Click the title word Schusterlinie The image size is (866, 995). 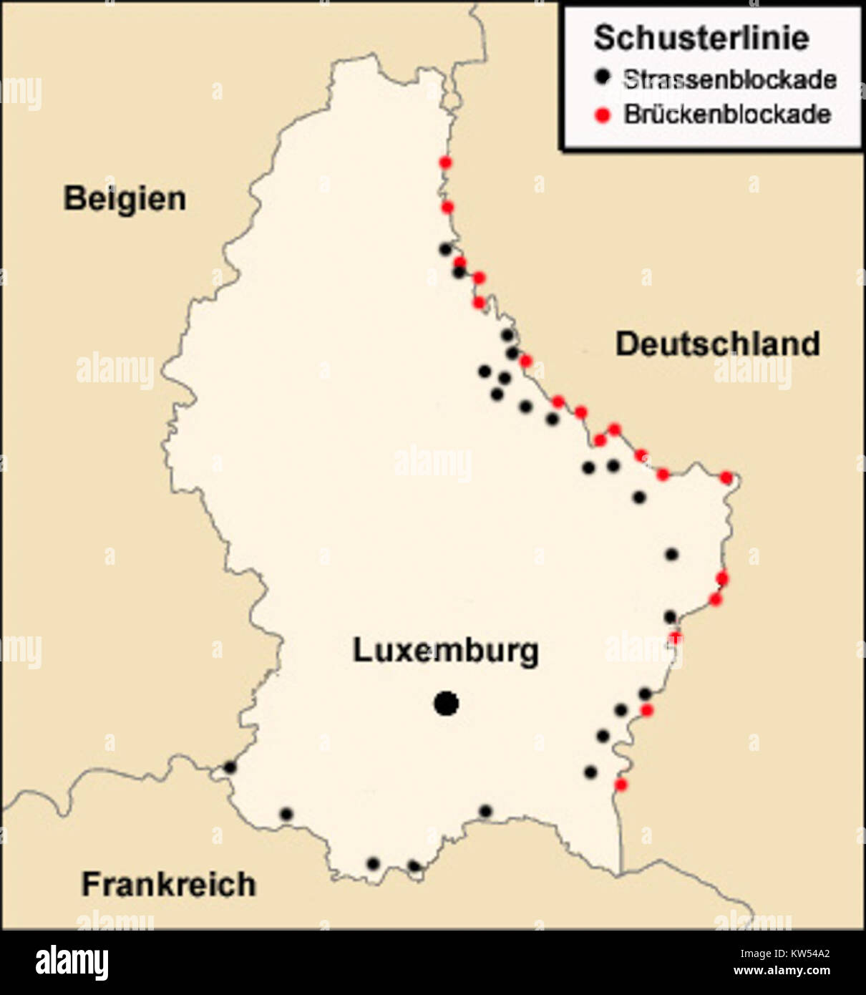701,37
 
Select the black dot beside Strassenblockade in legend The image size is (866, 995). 604,76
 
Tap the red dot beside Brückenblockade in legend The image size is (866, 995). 603,115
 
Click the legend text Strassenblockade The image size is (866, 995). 729,79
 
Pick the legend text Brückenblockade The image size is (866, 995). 727,115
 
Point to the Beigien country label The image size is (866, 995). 125,198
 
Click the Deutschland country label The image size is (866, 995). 717,344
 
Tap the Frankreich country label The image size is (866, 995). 168,885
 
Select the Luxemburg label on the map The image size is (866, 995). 445,651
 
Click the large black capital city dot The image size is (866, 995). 446,704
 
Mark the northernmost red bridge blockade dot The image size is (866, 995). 445,163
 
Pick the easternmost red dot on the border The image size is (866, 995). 726,477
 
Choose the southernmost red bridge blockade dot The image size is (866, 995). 621,785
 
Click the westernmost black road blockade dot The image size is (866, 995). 230,767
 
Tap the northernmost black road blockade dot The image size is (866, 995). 445,249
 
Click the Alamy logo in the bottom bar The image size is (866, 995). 72,963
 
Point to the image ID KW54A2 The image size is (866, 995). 784,953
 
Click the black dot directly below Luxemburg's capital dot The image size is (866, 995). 485,811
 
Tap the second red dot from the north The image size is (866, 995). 447,208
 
